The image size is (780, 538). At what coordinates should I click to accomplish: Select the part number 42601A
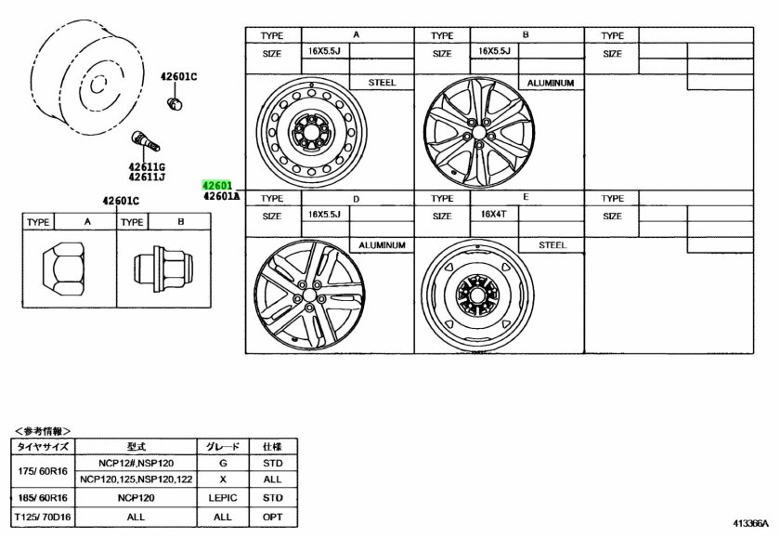point(221,196)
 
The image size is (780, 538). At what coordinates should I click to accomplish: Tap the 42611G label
point(147,166)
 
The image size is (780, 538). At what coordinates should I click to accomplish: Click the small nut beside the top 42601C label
point(174,101)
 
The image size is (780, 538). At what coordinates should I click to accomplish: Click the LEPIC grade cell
point(222,497)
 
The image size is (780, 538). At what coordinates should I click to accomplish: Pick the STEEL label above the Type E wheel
point(552,245)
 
